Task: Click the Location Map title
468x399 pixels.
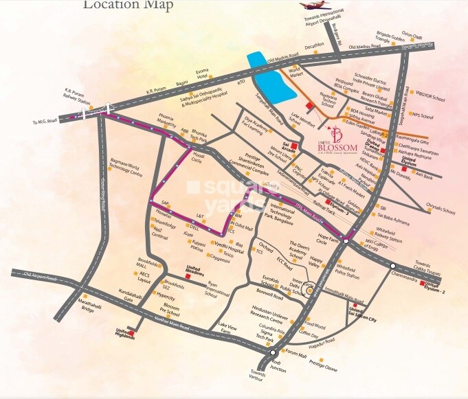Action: [x=129, y=5]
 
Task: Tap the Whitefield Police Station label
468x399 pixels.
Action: [x=364, y=271]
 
